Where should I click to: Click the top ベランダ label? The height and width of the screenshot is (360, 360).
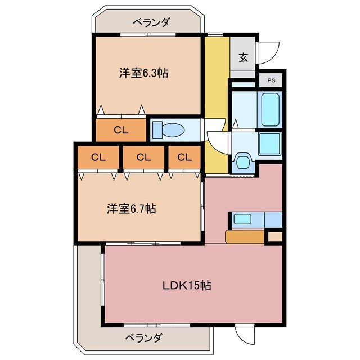coord(151,22)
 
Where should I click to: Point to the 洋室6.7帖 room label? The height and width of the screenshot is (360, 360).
coord(131,209)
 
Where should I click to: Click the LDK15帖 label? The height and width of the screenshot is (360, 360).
coord(187,285)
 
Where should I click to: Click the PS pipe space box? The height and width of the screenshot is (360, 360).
coord(272,80)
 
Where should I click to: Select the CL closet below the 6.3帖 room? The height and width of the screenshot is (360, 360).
coord(121,130)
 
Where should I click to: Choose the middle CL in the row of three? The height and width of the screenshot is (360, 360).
coord(143,157)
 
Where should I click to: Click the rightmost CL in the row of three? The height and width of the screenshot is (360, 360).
coord(184,157)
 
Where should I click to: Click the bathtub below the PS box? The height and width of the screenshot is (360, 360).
coord(270,109)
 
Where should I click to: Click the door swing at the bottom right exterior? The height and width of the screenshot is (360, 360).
coord(245,335)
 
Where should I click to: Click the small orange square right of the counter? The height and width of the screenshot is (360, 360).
coord(274,237)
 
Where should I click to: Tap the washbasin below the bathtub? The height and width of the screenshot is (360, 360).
coord(269,145)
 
